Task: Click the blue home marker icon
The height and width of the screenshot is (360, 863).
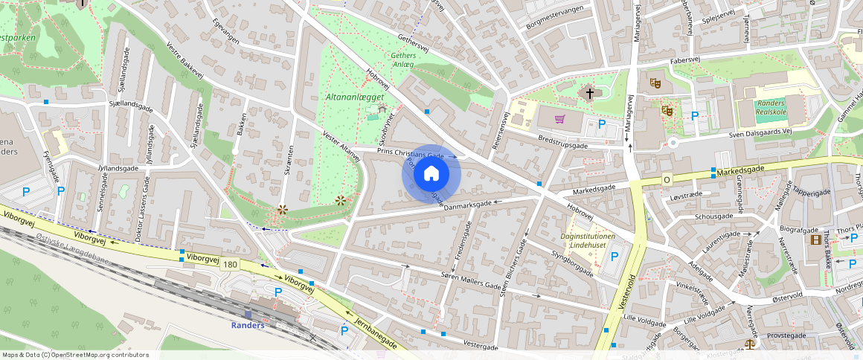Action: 431,174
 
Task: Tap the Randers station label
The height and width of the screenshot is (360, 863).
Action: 248,325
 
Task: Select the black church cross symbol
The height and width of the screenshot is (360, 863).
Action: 590,94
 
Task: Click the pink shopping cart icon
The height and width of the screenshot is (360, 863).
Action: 559,119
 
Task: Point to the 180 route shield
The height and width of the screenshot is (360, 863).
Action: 229,265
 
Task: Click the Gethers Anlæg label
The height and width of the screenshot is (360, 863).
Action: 402,60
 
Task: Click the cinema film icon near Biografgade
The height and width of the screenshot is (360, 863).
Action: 817,240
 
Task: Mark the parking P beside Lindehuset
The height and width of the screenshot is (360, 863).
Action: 615,257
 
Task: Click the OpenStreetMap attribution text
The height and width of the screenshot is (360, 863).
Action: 76,355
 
